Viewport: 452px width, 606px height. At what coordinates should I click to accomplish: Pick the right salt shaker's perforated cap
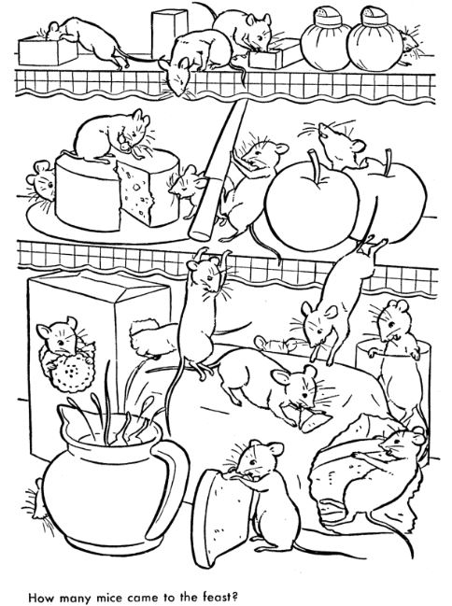(x=374, y=16)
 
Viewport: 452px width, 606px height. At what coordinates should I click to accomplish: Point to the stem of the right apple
(x=387, y=161)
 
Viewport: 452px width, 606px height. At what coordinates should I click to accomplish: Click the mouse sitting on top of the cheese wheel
(x=112, y=135)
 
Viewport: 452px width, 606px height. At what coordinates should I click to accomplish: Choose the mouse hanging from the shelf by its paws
(x=203, y=309)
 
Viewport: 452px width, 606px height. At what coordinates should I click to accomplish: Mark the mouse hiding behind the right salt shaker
(x=409, y=46)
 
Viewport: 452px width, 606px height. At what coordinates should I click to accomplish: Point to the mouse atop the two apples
(x=340, y=147)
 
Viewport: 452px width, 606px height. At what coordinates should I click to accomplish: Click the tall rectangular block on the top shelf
(x=170, y=32)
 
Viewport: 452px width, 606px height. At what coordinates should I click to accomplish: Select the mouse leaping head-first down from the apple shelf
(x=335, y=305)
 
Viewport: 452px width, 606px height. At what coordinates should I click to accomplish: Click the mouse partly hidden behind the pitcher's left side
(x=36, y=500)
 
